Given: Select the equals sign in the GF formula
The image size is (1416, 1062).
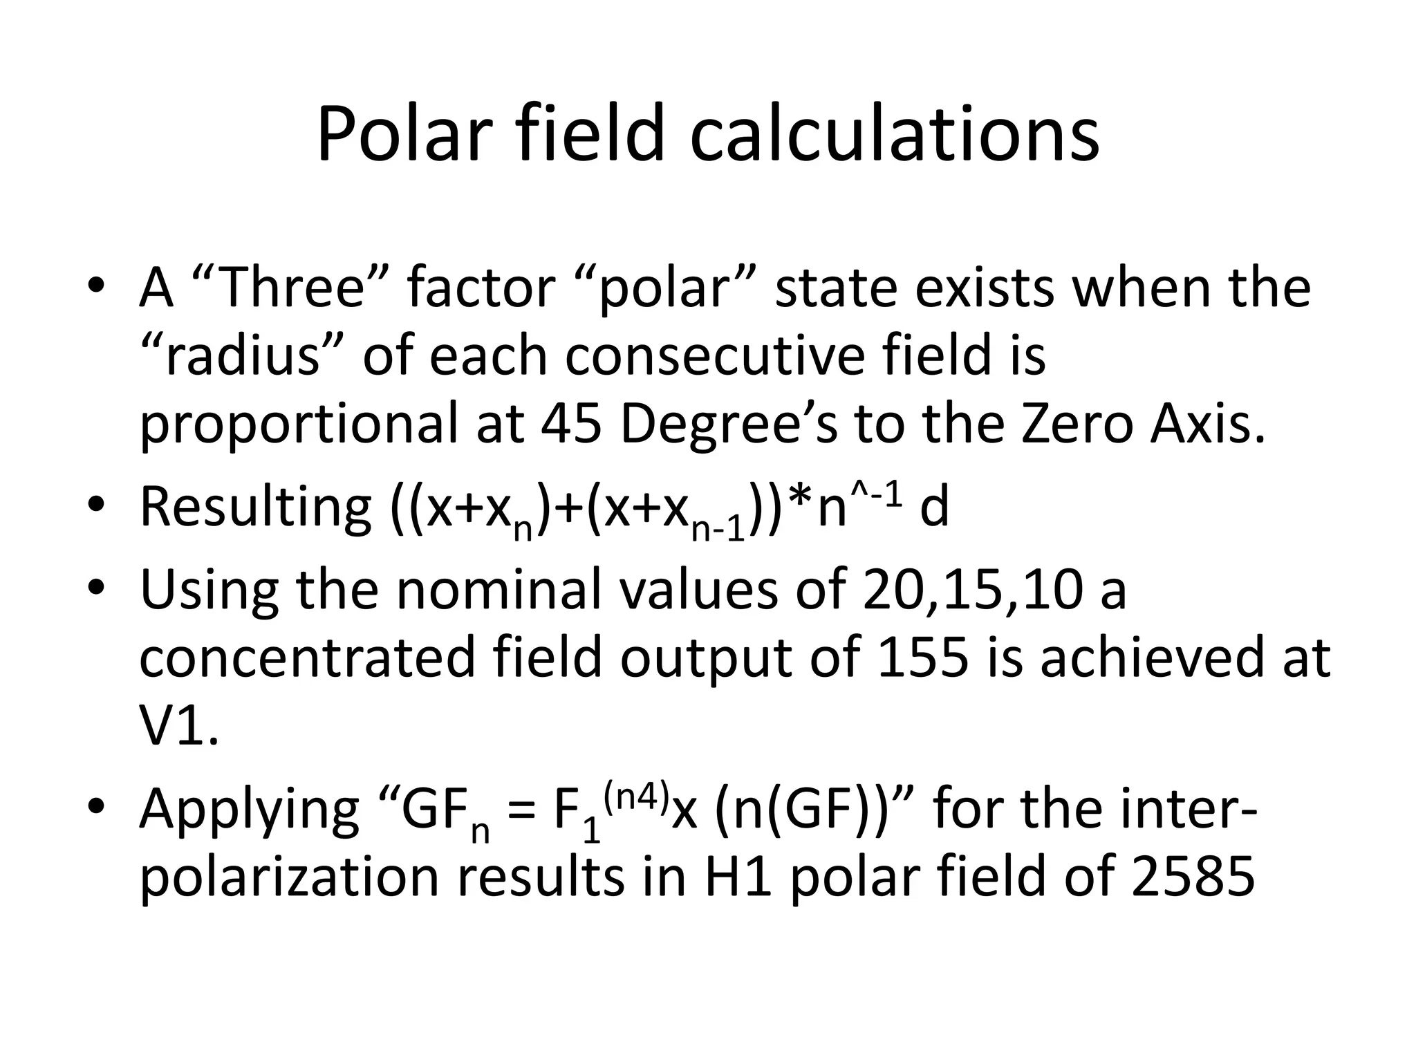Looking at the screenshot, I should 522,813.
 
